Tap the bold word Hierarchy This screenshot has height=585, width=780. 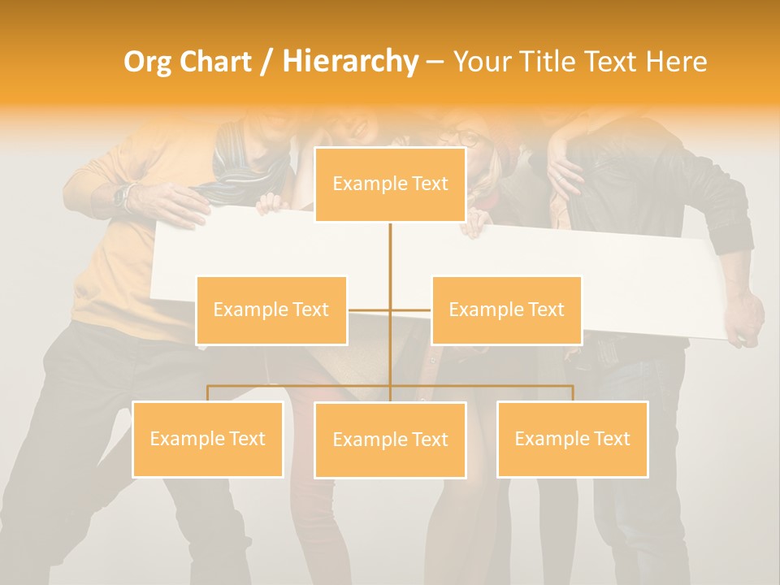pos(349,62)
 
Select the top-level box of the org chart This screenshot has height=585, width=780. pos(390,184)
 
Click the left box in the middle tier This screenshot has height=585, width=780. pos(271,310)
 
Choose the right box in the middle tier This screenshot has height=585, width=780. pos(506,310)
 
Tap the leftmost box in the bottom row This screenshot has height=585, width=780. pos(207,439)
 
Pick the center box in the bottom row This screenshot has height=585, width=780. pos(390,440)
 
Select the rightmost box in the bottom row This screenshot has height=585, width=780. pos(572,439)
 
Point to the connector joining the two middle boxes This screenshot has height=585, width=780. pos(390,310)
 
